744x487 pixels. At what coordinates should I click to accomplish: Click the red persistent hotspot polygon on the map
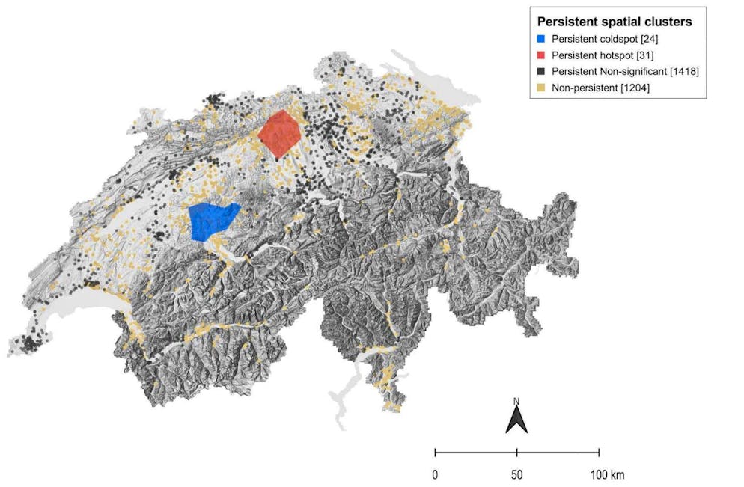280,133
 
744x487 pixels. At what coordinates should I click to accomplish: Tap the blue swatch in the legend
542,39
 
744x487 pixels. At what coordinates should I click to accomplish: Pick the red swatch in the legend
542,55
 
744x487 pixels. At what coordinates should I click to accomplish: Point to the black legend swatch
542,72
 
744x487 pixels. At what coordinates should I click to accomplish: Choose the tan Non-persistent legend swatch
542,88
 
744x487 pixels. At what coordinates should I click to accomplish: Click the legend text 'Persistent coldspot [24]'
604,39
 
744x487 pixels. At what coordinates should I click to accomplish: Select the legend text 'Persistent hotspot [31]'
602,55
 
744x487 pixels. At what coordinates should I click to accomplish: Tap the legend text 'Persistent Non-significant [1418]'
625,72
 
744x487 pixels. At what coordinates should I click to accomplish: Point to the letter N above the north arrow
516,402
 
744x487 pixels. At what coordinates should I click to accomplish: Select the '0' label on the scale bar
435,474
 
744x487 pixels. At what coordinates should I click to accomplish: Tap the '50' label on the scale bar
516,474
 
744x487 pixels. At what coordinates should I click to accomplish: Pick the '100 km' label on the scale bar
606,474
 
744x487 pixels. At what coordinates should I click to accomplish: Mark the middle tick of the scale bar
517,452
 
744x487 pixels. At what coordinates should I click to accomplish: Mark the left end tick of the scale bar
436,452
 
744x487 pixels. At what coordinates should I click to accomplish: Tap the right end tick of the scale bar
599,452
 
